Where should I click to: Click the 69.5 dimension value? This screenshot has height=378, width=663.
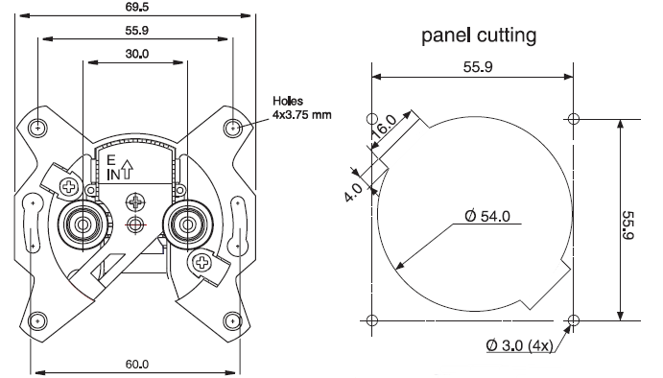tap(137, 7)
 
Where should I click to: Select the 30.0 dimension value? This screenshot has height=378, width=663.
tap(137, 54)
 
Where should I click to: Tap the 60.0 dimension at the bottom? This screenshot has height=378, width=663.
tap(137, 364)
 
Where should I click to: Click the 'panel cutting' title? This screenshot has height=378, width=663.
tap(479, 35)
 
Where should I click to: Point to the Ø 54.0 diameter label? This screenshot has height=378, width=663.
tap(487, 216)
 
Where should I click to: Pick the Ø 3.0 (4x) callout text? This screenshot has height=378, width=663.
tap(520, 345)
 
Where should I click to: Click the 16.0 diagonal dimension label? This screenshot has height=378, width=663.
tap(384, 127)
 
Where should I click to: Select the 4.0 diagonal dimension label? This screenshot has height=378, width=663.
tap(353, 192)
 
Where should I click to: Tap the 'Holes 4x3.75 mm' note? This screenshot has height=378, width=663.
tap(302, 107)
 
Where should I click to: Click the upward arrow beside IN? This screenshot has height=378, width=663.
tap(127, 169)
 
